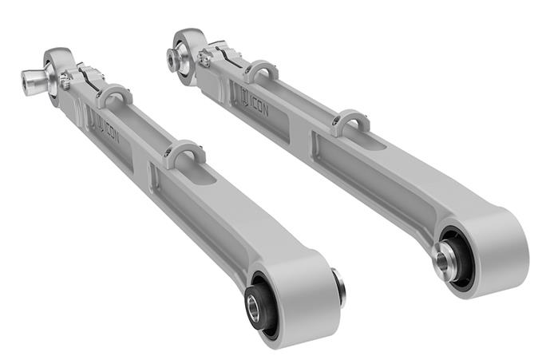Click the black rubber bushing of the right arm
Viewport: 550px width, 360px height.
tap(451, 253)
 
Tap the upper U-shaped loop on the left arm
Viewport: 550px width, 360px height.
tap(114, 93)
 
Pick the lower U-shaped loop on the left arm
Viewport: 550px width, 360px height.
tap(185, 152)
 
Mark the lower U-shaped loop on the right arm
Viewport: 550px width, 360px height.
tap(351, 121)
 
